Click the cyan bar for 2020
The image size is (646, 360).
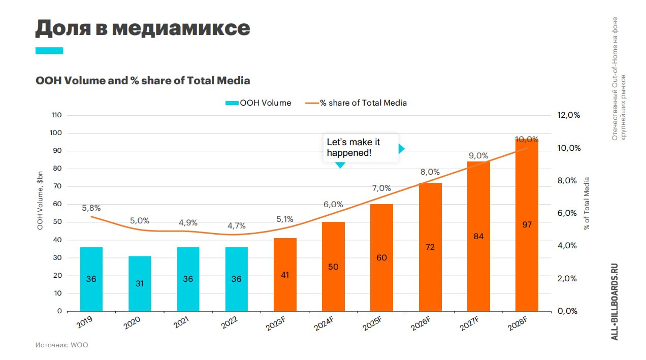[x=140, y=284]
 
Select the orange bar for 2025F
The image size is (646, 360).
[x=381, y=257]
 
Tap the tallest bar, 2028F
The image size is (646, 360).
[x=527, y=225]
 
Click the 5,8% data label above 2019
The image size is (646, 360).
[x=91, y=208]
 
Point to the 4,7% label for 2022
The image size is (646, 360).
[x=237, y=225]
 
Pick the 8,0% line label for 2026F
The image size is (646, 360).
[x=430, y=172]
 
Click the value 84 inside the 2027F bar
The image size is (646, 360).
[x=478, y=236]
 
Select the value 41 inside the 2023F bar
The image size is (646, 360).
[x=285, y=275]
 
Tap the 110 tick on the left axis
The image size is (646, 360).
[x=56, y=115]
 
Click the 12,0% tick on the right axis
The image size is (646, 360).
[x=568, y=115]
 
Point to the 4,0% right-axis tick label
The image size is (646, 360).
[x=567, y=246]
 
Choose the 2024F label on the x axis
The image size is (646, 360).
[x=324, y=323]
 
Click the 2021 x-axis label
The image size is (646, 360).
[x=181, y=322]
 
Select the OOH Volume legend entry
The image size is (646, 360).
[x=258, y=103]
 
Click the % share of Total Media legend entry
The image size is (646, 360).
[x=356, y=103]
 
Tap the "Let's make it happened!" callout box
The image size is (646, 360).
[x=361, y=148]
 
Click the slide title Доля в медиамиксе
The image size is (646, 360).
[x=143, y=28]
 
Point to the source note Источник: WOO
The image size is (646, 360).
[x=62, y=345]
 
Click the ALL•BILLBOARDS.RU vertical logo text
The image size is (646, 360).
[x=615, y=302]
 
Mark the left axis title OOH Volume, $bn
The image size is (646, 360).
[x=40, y=201]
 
